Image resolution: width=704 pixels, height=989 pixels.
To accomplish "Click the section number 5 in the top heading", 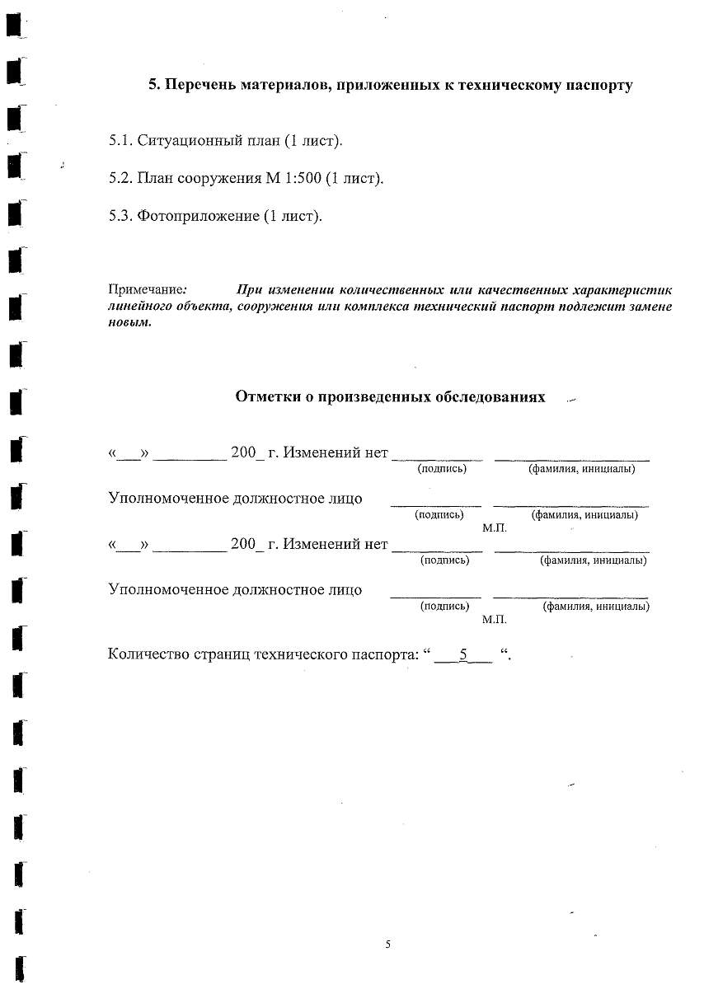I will coord(153,85).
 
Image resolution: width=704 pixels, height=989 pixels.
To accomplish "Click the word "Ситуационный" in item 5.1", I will coord(181,140).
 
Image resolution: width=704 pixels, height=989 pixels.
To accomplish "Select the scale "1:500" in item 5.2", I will coord(303,178).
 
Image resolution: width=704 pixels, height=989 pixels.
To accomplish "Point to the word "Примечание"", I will coord(145,290).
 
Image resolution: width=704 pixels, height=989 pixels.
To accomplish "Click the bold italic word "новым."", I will coord(129,322).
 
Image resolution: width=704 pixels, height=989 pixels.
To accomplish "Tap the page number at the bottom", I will coord(387,944).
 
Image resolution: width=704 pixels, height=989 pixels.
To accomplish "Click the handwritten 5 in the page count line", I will coord(463,655).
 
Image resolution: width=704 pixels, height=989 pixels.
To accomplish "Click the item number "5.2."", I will coord(120,178).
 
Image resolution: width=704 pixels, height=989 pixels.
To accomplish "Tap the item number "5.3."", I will coord(120,216).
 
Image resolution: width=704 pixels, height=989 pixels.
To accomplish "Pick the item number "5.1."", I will coord(120,140).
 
